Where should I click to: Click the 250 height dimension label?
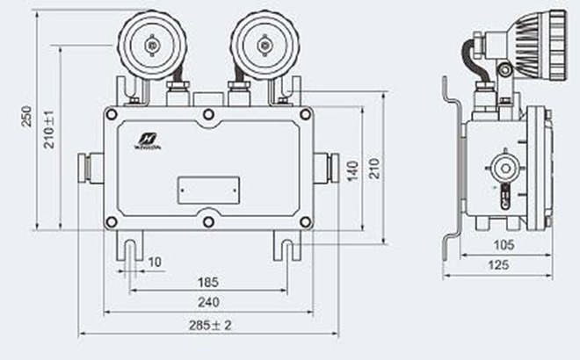(26, 117)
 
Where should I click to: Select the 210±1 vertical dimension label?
(50, 129)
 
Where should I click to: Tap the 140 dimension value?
(353, 170)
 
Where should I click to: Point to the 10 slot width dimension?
(155, 262)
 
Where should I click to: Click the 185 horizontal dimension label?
(208, 283)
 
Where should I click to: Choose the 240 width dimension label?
(208, 302)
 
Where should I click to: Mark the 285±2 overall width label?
(209, 324)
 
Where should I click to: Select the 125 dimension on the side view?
(498, 264)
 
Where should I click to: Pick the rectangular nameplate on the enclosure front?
(208, 190)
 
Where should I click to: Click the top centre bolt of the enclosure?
(208, 114)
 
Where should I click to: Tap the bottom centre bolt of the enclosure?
(208, 221)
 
